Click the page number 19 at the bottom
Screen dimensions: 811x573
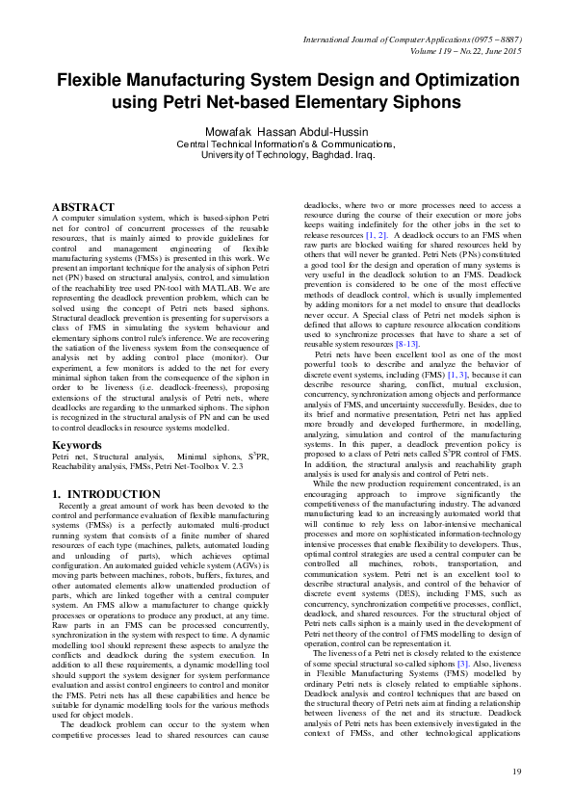coord(516,772)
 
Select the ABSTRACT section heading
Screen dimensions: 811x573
coord(83,207)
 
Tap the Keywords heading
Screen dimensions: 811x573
coord(78,444)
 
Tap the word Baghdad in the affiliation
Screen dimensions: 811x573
coord(318,153)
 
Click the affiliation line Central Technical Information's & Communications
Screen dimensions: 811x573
coord(285,143)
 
